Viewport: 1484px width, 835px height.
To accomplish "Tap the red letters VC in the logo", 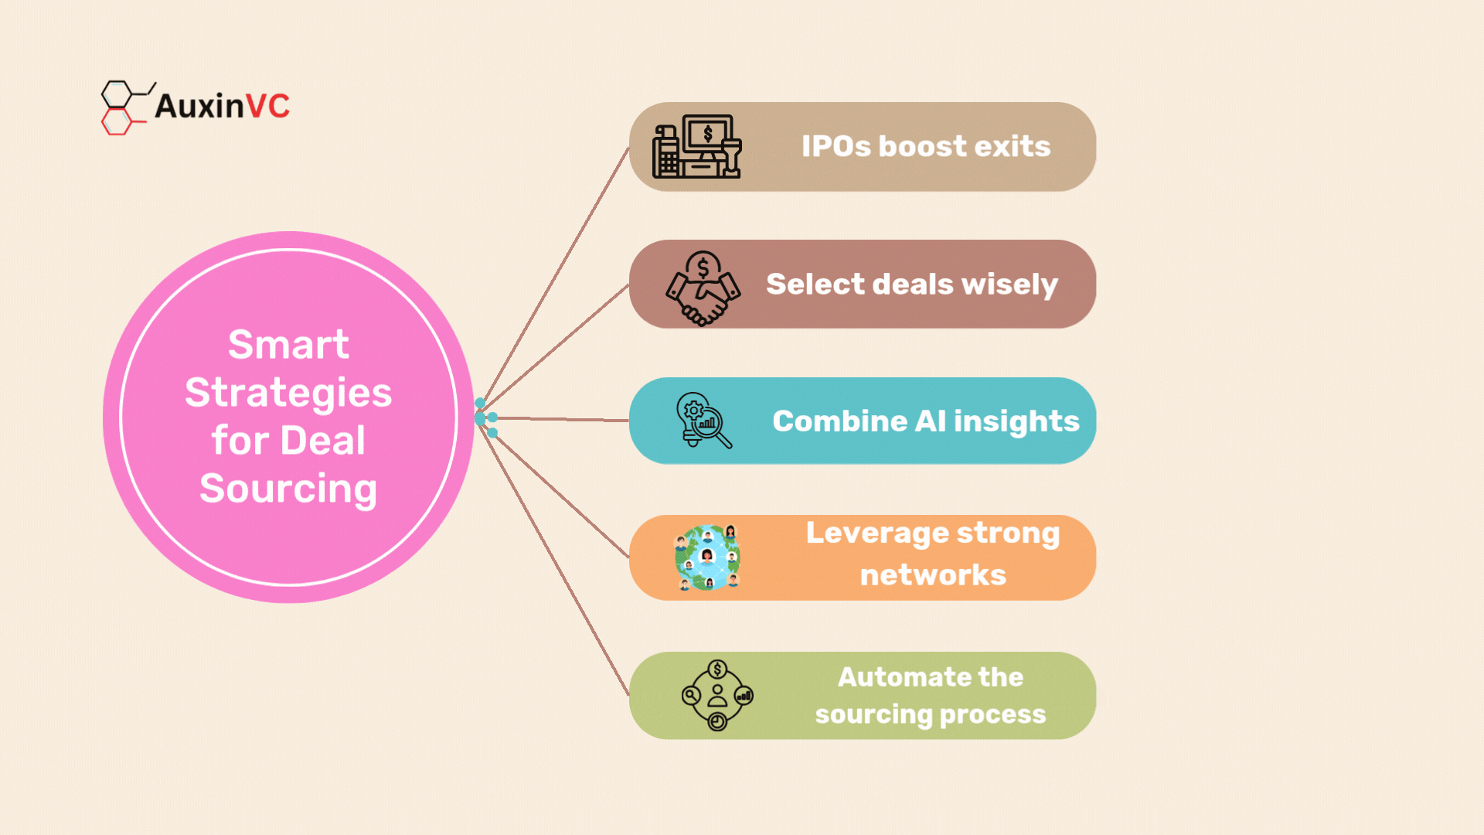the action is [267, 106].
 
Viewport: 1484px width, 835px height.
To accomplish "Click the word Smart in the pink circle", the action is [288, 344].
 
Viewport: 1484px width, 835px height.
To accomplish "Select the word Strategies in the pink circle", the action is [288, 393].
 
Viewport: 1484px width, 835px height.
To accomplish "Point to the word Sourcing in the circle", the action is [288, 489].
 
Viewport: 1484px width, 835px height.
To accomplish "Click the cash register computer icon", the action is [697, 147].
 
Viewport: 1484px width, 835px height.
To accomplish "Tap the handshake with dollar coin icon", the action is [703, 288].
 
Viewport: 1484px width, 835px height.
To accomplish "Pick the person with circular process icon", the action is [717, 695].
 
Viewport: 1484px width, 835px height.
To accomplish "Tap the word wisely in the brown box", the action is [1009, 285].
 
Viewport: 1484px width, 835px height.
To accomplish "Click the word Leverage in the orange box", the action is [877, 534].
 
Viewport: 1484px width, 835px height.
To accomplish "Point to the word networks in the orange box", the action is [933, 575].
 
